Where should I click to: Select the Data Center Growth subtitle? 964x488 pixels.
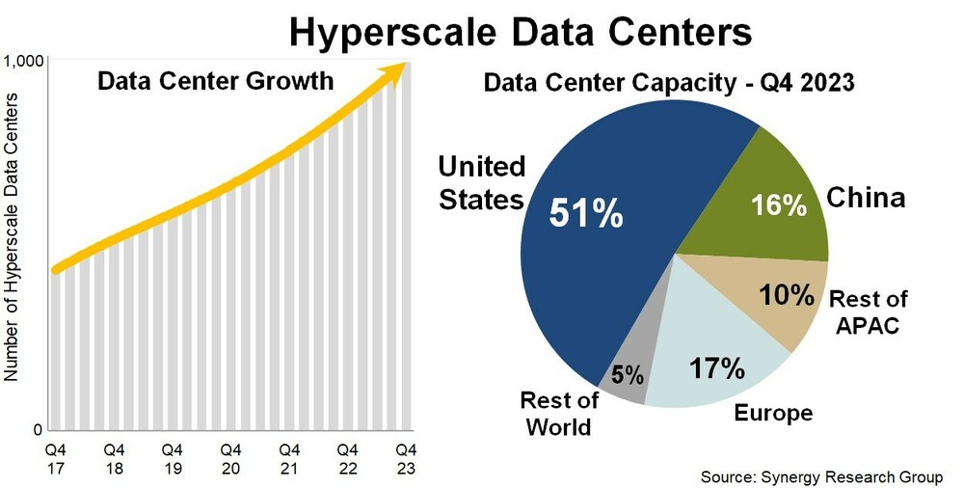coord(215,81)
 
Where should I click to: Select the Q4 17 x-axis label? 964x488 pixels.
coord(56,458)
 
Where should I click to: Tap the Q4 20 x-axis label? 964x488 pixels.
coord(231,458)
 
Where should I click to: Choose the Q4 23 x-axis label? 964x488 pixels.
coord(407,458)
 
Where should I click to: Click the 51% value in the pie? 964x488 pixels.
coord(586,214)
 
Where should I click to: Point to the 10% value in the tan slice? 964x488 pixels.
coord(787,295)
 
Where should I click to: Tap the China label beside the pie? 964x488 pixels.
coord(866,199)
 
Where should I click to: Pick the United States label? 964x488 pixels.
coord(481,183)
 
